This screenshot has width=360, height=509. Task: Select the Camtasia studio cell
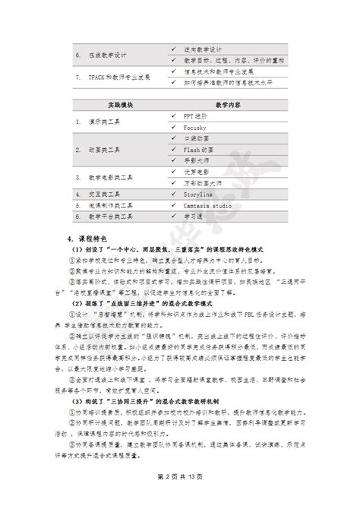tap(207, 205)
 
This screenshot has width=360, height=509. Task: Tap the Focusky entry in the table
tap(196, 129)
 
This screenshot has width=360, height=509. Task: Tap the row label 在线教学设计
tap(106, 55)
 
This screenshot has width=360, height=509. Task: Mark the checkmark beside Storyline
tap(174, 194)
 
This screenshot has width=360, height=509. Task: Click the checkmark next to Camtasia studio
tap(174, 205)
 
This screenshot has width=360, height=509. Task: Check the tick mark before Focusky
tap(174, 129)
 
